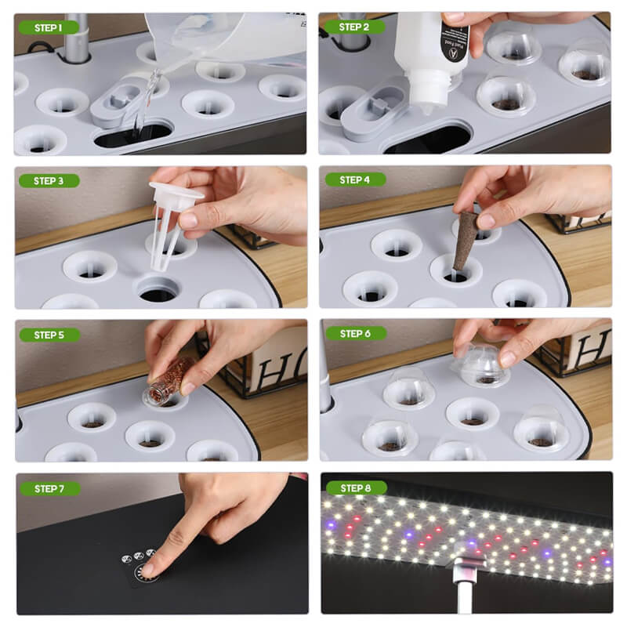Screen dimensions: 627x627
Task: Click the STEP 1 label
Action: (48, 27)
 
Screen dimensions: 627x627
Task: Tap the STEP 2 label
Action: (354, 27)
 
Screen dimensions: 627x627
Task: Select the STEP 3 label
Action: (48, 180)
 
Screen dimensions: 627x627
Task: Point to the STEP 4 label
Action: (354, 179)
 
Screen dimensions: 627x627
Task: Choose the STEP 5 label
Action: (48, 335)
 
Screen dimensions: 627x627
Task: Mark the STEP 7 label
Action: (48, 488)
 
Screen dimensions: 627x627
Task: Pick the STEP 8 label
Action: (354, 487)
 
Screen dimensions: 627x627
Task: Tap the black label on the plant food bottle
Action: (454, 39)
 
